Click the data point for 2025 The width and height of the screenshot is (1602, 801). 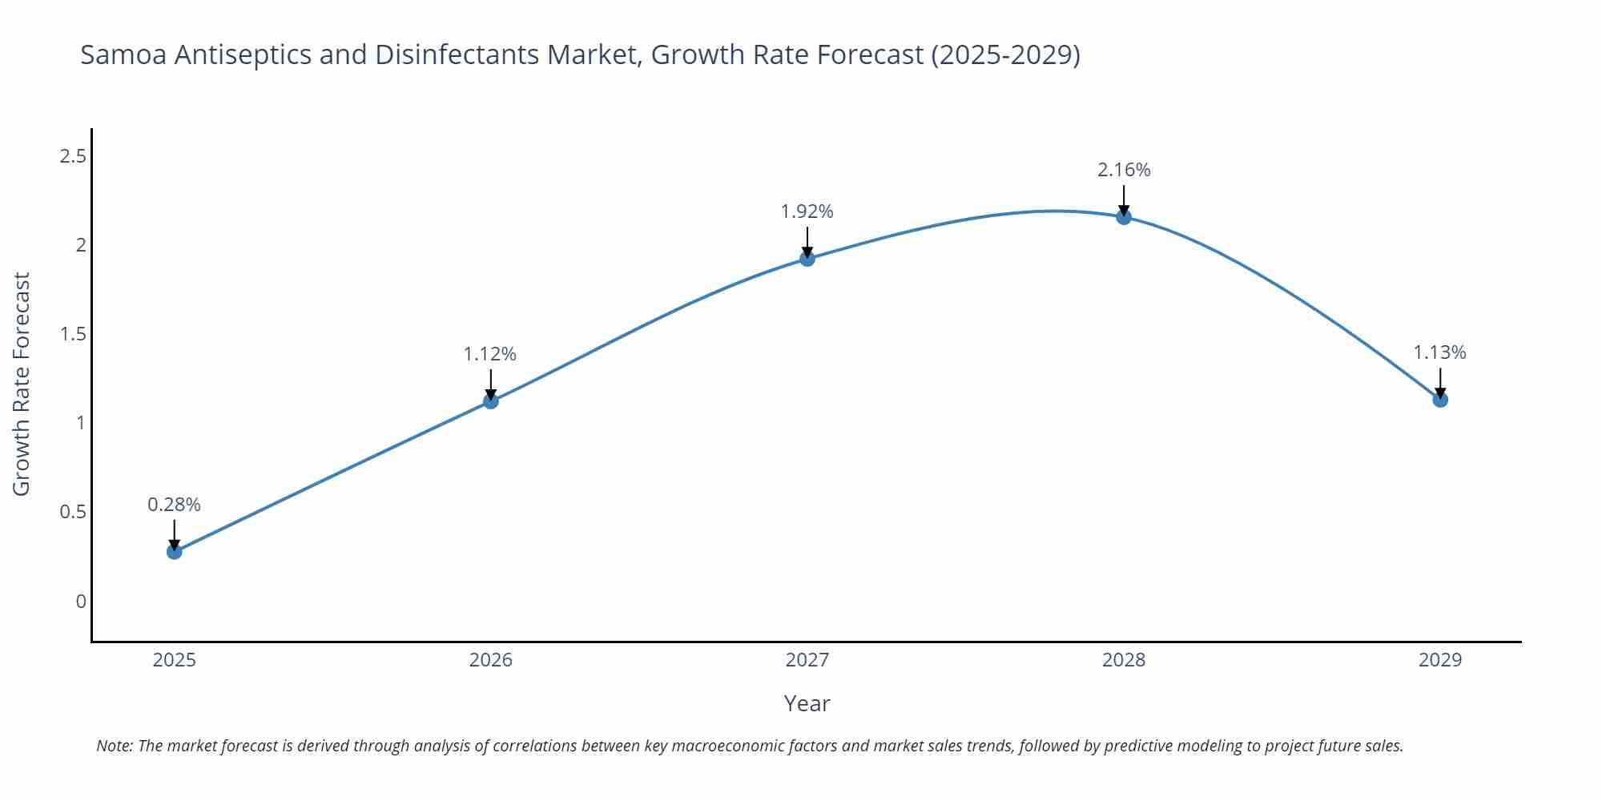tap(175, 551)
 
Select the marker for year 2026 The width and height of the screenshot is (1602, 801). tap(491, 400)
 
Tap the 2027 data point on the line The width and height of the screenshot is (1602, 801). tap(807, 258)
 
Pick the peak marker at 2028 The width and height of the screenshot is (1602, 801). tap(1124, 216)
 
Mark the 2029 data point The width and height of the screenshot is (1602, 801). tap(1440, 399)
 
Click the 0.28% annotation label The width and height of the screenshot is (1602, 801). tap(175, 505)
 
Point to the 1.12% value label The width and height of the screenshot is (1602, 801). tap(490, 354)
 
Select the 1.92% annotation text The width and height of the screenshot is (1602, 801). tap(807, 211)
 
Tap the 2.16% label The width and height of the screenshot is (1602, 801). tap(1124, 170)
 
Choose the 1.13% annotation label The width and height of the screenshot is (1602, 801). tap(1439, 352)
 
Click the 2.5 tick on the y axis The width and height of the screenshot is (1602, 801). tap(73, 156)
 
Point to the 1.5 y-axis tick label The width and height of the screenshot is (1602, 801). tap(73, 334)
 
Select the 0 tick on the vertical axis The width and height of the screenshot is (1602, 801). tap(81, 602)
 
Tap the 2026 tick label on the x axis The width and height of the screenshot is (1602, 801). tap(491, 660)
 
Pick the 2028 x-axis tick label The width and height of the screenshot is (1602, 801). tap(1124, 660)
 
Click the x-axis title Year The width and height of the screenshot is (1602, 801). tap(807, 703)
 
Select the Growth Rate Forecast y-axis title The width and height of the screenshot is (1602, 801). tap(22, 384)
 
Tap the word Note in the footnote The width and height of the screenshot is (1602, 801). tap(114, 746)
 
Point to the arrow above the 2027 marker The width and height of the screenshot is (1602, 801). tap(807, 242)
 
